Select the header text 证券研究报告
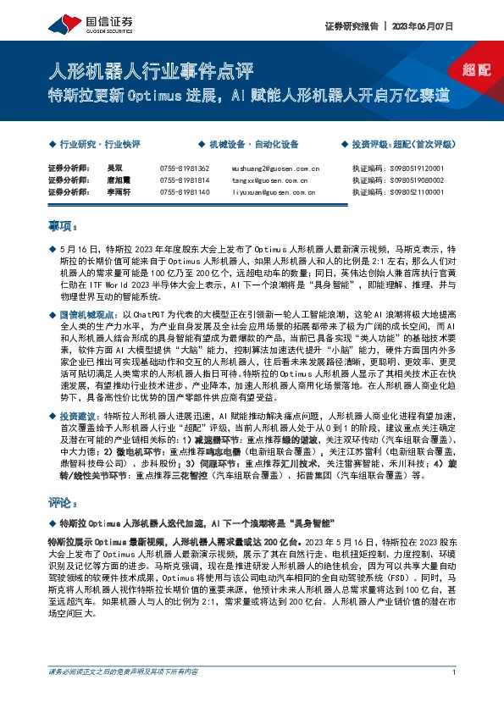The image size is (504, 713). click(348, 26)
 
